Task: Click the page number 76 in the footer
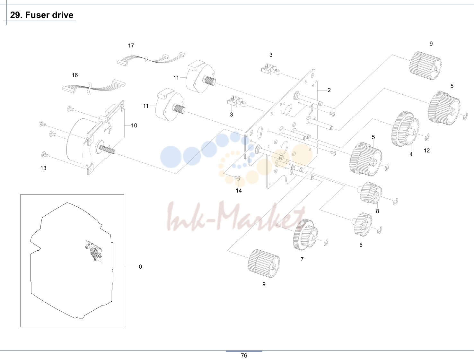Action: [244, 356]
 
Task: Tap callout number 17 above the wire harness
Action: [131, 46]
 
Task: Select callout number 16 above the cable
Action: [75, 75]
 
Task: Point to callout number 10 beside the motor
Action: [134, 125]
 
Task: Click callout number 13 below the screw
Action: [43, 168]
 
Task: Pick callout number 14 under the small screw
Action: [239, 191]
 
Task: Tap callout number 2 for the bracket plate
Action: [329, 90]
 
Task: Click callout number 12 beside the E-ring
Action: [427, 151]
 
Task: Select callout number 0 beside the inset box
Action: [140, 267]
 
